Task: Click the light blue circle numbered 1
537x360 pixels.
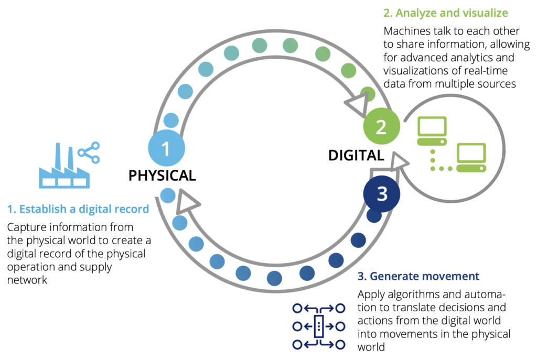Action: coord(166,148)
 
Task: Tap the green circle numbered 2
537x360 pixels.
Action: coord(382,126)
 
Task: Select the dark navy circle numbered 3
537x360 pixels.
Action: coord(382,194)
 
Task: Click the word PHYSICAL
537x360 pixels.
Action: coord(162,176)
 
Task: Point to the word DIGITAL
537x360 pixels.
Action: coord(356,156)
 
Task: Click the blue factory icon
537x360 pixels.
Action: coord(64,166)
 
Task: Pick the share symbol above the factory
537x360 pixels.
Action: coord(89,152)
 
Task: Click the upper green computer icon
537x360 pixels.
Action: coord(432,131)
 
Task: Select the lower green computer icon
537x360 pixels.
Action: coord(471,157)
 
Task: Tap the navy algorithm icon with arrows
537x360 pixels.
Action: coord(318,326)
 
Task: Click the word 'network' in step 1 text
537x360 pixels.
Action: coord(27,280)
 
